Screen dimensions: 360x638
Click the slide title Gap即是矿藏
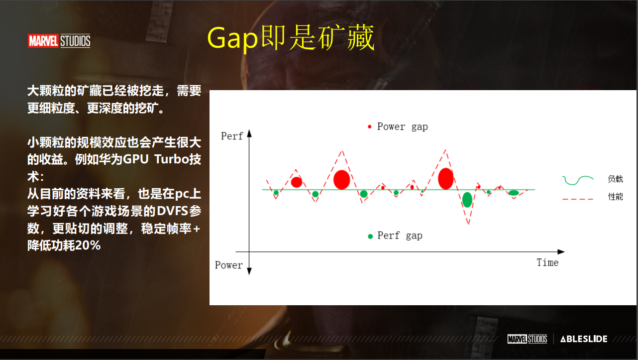click(290, 38)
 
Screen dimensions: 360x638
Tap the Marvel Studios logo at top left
click(59, 41)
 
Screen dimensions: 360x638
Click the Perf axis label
click(232, 136)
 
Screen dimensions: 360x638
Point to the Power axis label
click(229, 265)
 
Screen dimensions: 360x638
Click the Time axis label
click(547, 262)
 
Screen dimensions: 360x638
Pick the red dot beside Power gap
click(369, 127)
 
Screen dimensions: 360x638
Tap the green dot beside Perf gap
click(370, 237)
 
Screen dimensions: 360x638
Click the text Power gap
click(402, 126)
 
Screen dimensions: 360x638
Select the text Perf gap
click(400, 236)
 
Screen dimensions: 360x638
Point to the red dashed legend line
click(577, 199)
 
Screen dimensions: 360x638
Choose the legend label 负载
click(615, 179)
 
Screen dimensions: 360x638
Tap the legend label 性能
click(615, 197)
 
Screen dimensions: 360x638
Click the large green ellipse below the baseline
click(467, 200)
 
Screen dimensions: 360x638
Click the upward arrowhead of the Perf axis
click(249, 132)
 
